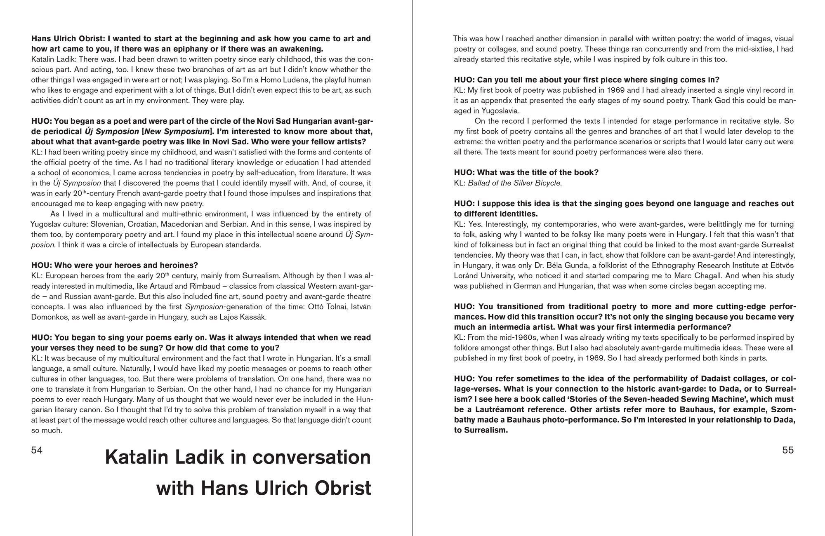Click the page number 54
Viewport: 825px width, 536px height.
coord(37,450)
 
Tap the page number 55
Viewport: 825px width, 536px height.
coord(788,450)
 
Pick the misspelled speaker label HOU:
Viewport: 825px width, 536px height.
coord(42,265)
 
